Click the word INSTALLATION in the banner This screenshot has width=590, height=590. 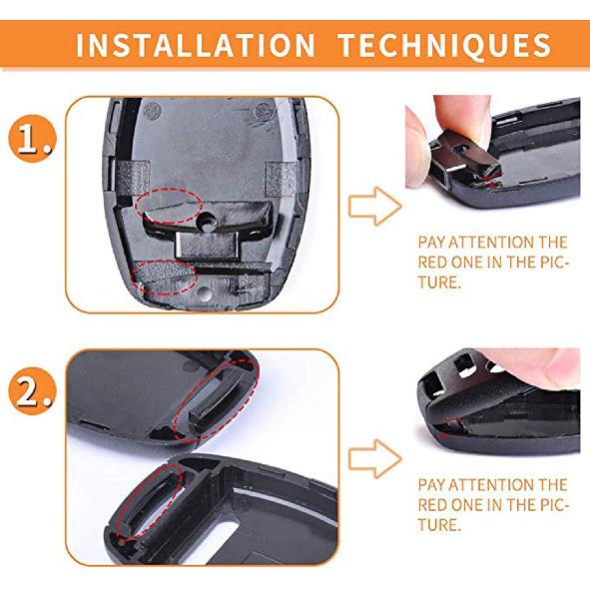click(194, 46)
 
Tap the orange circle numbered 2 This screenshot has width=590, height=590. click(34, 393)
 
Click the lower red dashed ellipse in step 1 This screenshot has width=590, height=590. click(165, 275)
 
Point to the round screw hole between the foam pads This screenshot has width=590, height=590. click(211, 218)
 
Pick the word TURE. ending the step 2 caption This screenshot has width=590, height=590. click(439, 524)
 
